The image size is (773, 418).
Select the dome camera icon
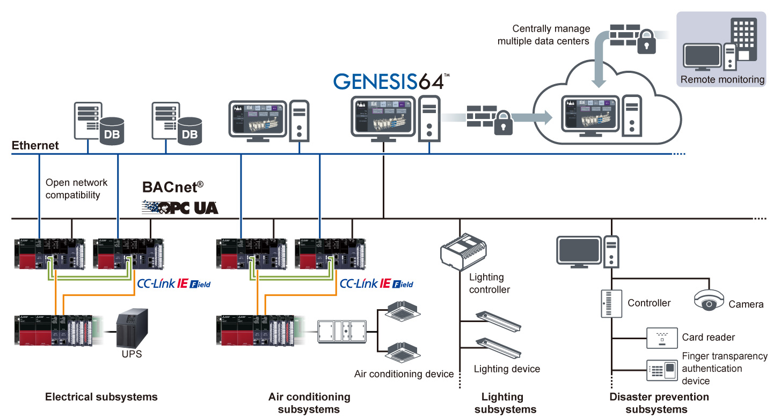coord(709,301)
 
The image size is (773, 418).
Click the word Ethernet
coord(35,146)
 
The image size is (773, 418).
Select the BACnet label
coord(173,187)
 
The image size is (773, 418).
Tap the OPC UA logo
coord(180,207)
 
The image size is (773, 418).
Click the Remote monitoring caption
coord(722,80)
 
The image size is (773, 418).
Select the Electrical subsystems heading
coord(101,397)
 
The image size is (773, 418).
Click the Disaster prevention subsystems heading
coord(659,403)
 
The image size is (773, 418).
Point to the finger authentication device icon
coord(661,370)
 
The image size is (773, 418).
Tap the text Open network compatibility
coord(76,189)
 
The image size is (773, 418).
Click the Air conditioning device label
coord(404,374)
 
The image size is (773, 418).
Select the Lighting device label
coord(507,369)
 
